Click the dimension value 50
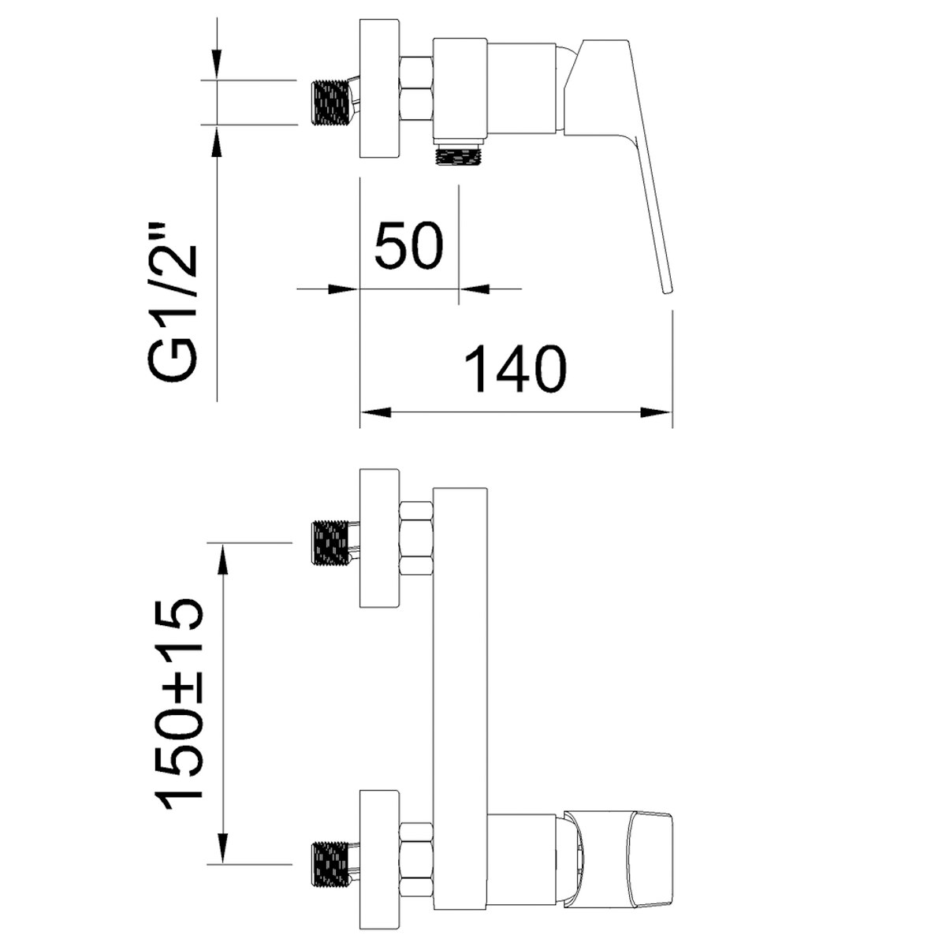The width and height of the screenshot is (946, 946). pos(408,245)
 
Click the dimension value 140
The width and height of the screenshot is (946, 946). pos(515,369)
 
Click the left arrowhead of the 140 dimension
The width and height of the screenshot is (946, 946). pos(375,412)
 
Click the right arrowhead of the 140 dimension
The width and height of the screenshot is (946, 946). pos(657,412)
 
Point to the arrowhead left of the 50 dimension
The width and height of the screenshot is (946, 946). pos(343,289)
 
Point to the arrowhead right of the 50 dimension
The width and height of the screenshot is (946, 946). pos(475,289)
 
